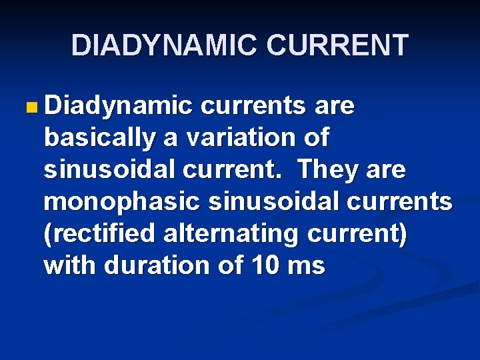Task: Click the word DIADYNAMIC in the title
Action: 164,46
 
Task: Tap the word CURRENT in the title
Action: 337,46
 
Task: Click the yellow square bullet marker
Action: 29,107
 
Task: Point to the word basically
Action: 97,138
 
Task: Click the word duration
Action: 159,266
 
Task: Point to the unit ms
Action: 306,266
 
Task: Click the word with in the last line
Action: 71,266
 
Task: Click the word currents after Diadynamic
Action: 252,106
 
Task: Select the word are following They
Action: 386,170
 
